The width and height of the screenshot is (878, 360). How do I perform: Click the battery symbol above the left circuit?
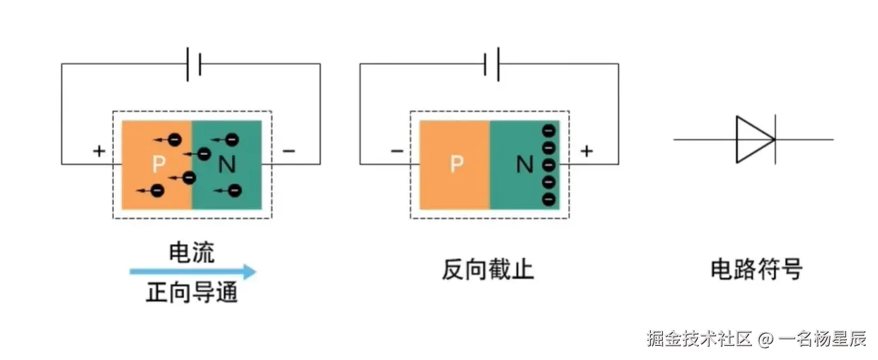pyautogui.click(x=194, y=64)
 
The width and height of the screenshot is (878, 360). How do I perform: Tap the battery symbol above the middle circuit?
pyautogui.click(x=492, y=64)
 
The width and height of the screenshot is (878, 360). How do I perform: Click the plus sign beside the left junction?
pyautogui.click(x=99, y=151)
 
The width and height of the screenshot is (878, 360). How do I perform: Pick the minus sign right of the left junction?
pyautogui.click(x=289, y=151)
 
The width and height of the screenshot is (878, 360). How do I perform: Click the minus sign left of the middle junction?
pyautogui.click(x=396, y=151)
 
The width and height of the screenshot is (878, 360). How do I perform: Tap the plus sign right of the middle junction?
pyautogui.click(x=587, y=151)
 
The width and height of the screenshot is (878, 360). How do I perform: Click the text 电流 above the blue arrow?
pyautogui.click(x=191, y=252)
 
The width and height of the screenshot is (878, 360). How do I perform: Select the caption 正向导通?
pyautogui.click(x=192, y=292)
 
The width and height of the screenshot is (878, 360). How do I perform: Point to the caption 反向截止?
pyautogui.click(x=488, y=269)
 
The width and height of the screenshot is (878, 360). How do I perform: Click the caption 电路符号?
pyautogui.click(x=756, y=269)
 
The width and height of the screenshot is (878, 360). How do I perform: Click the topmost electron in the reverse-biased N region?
pyautogui.click(x=548, y=131)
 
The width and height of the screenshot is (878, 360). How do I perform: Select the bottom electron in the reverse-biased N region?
pyautogui.click(x=548, y=199)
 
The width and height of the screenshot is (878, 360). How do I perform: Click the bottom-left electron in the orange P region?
pyautogui.click(x=157, y=190)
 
